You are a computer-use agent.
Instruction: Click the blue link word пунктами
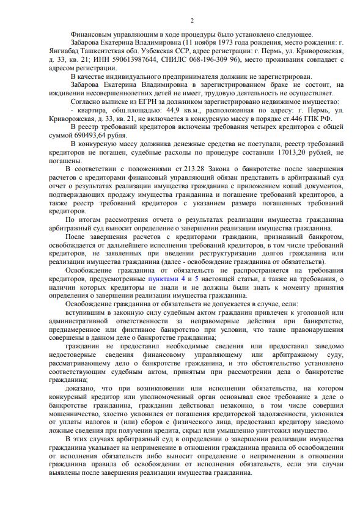(x=163, y=279)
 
